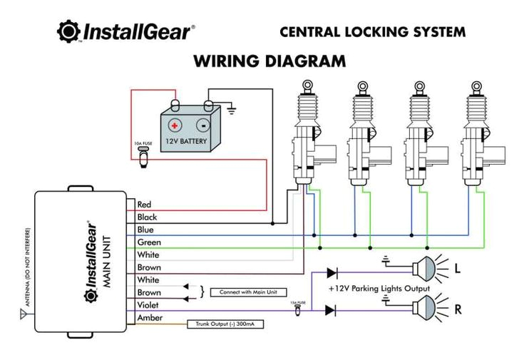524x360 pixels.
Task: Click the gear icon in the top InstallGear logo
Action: pyautogui.click(x=68, y=32)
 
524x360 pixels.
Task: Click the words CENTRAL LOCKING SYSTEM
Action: pyautogui.click(x=372, y=32)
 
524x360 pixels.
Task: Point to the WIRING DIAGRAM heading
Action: pyautogui.click(x=269, y=61)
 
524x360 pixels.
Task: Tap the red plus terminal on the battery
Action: pyautogui.click(x=173, y=125)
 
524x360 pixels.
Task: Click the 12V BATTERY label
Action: pyautogui.click(x=187, y=141)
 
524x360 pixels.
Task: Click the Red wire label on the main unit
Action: pyautogui.click(x=144, y=205)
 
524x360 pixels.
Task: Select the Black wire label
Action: pyautogui.click(x=147, y=217)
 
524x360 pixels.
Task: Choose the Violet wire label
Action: pyautogui.click(x=148, y=305)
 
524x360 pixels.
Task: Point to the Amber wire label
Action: pyautogui.click(x=149, y=318)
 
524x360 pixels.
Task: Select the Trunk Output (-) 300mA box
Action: pyautogui.click(x=225, y=324)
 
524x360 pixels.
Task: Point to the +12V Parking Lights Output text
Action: pyautogui.click(x=379, y=289)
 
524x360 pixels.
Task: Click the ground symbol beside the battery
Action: pyautogui.click(x=230, y=108)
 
